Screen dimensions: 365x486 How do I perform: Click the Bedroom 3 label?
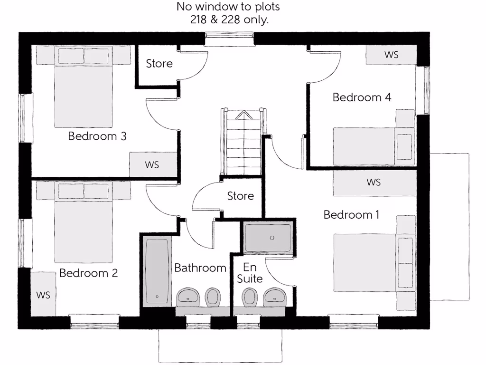[97, 136]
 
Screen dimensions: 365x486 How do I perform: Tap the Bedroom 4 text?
[362, 97]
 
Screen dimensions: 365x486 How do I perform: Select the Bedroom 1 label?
[351, 215]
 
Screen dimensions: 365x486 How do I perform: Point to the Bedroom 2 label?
[88, 273]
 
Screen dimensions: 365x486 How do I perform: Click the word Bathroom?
[200, 268]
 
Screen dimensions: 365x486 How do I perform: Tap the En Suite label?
[250, 273]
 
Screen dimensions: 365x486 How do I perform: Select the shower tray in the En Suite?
[268, 238]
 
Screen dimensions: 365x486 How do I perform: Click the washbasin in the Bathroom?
[189, 298]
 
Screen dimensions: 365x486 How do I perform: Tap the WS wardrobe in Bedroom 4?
[391, 55]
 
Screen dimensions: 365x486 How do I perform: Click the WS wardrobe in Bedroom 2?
[43, 294]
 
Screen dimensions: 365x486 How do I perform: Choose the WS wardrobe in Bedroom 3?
[152, 165]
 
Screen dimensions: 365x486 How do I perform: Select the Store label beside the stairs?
[240, 196]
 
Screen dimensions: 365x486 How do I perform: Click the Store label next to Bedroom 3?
[159, 64]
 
